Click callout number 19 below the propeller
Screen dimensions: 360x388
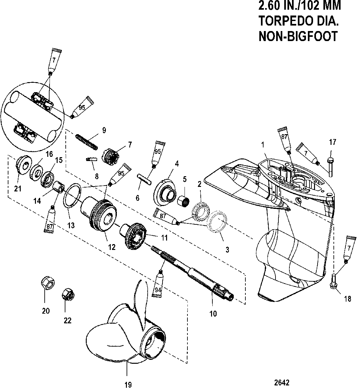click(128, 385)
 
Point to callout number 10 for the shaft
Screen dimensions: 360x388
click(213, 314)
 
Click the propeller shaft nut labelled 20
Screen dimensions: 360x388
click(48, 283)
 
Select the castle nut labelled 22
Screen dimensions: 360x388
click(68, 295)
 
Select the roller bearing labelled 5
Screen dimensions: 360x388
click(184, 203)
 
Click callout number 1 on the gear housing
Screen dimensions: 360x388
click(263, 145)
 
